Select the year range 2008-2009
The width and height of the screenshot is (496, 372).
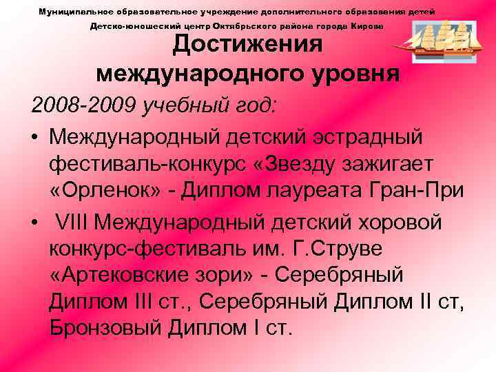[82, 106]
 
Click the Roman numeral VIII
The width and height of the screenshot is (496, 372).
[73, 223]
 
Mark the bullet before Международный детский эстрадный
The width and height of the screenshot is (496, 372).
[34, 137]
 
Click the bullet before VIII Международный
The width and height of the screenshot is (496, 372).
[34, 224]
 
